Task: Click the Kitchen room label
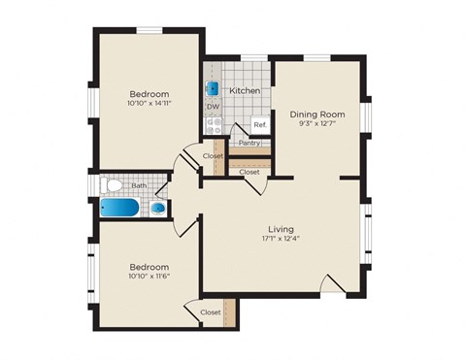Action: coord(244,90)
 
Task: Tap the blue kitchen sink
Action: coord(213,88)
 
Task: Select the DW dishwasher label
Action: coord(213,107)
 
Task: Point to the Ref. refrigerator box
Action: coord(259,125)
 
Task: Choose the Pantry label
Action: coord(248,143)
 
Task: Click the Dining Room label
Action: coord(317,114)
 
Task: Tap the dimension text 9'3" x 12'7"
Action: coord(317,123)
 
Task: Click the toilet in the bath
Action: coord(112,184)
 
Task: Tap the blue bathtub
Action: coord(121,208)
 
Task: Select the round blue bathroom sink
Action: coord(157,208)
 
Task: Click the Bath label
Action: coord(139,185)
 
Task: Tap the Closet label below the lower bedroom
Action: coord(210,312)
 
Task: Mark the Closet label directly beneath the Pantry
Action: coord(250,172)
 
